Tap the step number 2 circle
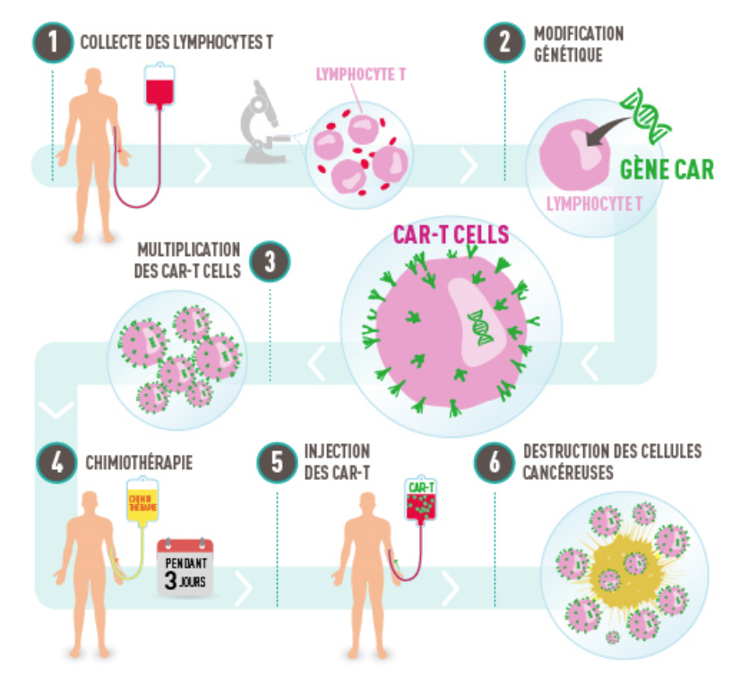click(504, 41)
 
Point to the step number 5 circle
click(277, 463)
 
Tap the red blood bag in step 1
click(159, 90)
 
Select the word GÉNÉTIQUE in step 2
click(569, 53)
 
